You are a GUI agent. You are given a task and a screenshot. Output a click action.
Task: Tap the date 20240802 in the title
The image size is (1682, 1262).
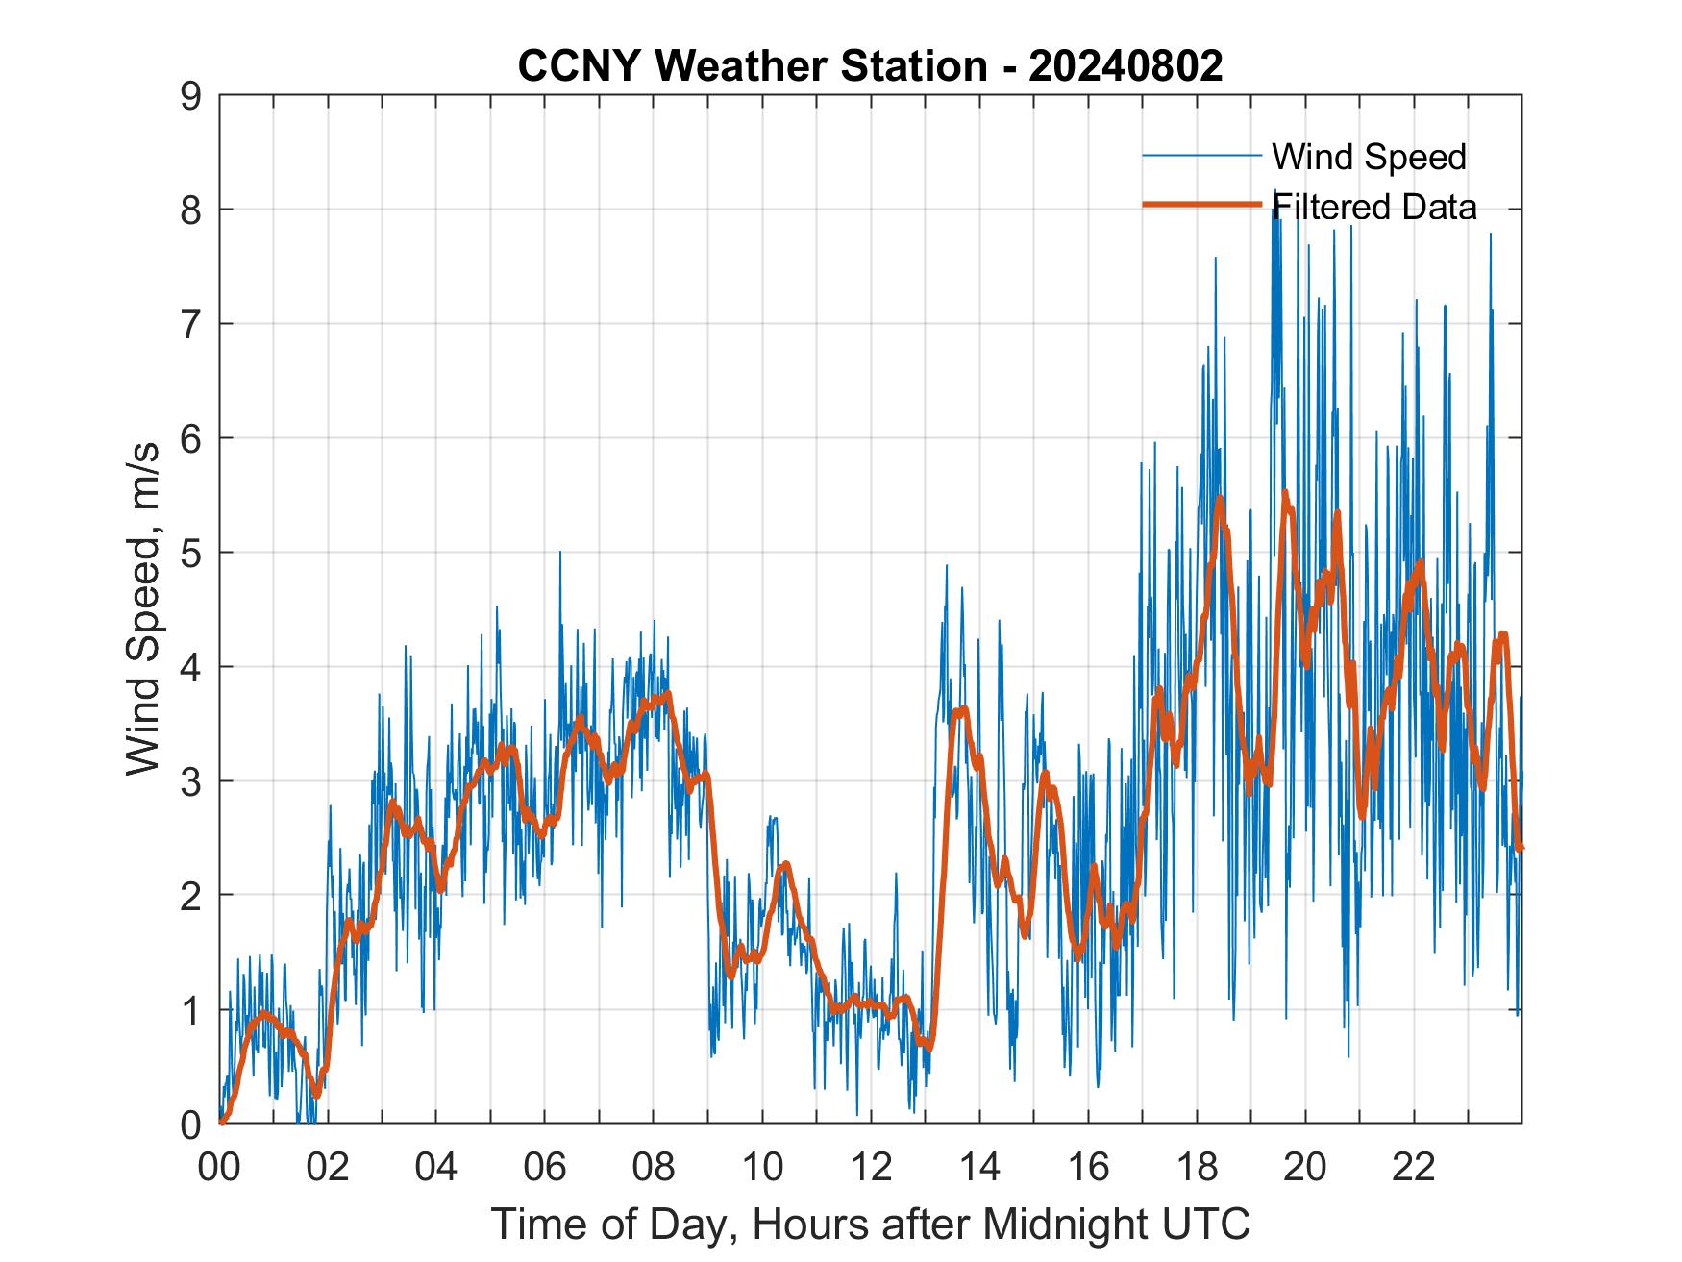click(x=1125, y=66)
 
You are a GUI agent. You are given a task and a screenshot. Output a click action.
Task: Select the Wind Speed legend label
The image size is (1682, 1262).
click(x=1369, y=157)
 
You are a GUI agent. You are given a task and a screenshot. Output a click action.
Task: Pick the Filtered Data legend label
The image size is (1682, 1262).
click(x=1374, y=207)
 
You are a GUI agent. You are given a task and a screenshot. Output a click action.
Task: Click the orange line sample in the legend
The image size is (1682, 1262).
click(x=1201, y=205)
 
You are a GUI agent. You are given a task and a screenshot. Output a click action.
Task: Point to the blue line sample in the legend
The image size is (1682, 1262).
click(x=1201, y=156)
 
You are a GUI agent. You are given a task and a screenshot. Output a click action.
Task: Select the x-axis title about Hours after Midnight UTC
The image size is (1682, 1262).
click(x=871, y=1225)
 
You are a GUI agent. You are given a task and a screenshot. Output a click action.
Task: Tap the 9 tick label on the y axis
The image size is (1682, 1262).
click(x=190, y=96)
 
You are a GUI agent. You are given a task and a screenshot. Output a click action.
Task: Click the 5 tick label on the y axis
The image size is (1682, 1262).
click(x=190, y=553)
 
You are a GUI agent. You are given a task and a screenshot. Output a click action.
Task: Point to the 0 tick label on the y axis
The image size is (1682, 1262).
click(x=190, y=1124)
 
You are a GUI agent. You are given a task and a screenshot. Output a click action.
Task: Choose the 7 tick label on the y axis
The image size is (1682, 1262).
click(x=190, y=324)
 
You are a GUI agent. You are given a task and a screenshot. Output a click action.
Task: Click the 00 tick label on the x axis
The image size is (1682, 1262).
click(x=219, y=1168)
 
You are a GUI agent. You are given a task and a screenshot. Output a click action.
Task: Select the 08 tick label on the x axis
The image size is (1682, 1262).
click(x=654, y=1168)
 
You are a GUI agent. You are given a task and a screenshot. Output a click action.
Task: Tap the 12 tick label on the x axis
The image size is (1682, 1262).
click(x=871, y=1168)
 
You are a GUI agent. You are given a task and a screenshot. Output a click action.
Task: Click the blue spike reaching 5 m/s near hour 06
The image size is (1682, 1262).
click(x=560, y=556)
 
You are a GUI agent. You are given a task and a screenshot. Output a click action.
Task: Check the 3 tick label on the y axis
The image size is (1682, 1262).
click(x=190, y=780)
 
